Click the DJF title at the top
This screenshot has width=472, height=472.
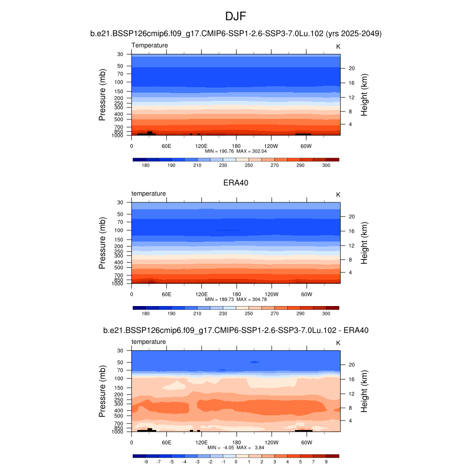(236, 17)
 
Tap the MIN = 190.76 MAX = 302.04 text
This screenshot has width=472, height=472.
(236, 151)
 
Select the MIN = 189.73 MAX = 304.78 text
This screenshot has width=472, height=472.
(236, 299)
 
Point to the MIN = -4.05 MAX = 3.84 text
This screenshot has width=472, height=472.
(236, 448)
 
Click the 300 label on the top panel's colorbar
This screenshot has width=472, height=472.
(326, 165)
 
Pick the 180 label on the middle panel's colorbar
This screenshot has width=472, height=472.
(146, 313)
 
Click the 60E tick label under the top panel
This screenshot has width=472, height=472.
(166, 146)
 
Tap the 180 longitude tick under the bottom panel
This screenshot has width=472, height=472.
(236, 442)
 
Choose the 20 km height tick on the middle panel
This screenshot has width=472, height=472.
(351, 216)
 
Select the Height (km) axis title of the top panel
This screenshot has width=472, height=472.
(364, 94)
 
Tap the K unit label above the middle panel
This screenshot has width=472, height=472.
(338, 195)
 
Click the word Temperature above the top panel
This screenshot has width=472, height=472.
(150, 45)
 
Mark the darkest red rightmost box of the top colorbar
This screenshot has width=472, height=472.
(332, 159)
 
